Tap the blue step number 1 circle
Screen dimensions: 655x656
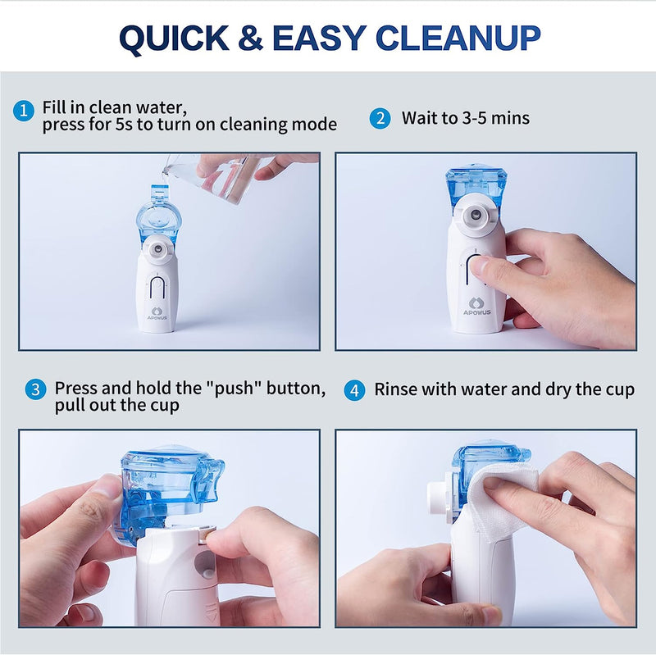point(25,109)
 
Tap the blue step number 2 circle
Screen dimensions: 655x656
point(379,118)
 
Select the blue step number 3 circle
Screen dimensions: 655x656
point(34,389)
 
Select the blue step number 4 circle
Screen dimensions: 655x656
point(354,389)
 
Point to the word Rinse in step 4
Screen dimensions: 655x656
point(395,389)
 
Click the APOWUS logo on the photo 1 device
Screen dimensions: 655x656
point(157,312)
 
